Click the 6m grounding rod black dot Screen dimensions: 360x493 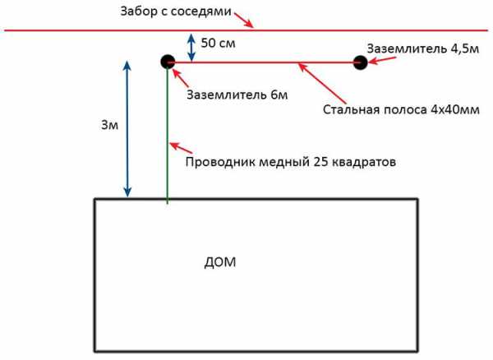pos(167,61)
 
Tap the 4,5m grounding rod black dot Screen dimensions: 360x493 pos(360,62)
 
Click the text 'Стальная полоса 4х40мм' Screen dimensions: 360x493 pos(399,108)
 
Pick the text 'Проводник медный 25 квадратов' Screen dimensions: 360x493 pos(292,162)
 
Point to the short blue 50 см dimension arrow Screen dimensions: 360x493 pos(191,46)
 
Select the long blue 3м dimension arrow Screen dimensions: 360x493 pos(127,128)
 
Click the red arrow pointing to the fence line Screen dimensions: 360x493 pos(244,19)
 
